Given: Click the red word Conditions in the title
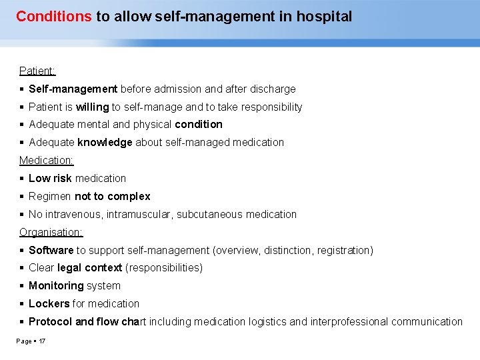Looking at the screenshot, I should (53, 17).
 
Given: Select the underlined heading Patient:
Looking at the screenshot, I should (37, 71).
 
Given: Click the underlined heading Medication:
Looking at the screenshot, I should (46, 160).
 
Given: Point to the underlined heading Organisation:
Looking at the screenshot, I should (51, 232).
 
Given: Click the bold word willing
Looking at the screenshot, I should (92, 107).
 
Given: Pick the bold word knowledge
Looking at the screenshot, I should (105, 142).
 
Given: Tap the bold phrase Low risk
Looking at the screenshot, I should (50, 178).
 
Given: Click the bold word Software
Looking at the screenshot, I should (51, 250).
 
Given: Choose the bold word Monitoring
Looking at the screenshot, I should (56, 285).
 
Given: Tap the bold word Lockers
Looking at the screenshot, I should (49, 303).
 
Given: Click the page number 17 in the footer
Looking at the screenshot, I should (42, 341).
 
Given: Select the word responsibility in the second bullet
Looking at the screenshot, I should (271, 107).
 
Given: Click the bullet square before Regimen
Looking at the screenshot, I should (22, 197).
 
